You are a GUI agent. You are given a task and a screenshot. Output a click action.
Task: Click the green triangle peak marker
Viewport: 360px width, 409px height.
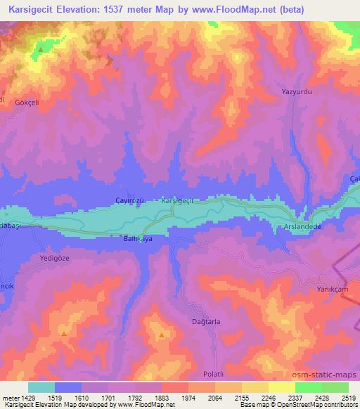41,49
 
